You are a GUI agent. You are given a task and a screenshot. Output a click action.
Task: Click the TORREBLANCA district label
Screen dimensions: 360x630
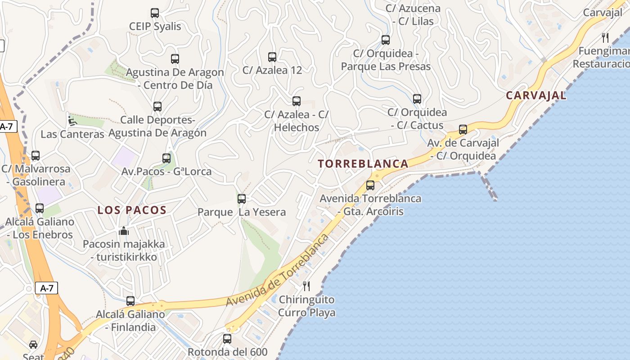coord(363,164)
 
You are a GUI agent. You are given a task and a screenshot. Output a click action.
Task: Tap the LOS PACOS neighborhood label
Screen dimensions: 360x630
coord(132,210)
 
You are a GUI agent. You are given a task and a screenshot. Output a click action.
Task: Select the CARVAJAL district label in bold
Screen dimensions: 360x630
coord(536,95)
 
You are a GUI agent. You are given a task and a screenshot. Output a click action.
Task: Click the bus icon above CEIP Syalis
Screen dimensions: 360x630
coord(155,13)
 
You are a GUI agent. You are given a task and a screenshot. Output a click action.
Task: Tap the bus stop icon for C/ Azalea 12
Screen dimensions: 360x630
coord(272,57)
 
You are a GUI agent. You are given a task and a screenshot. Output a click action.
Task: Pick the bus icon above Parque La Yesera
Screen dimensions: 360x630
coord(242,198)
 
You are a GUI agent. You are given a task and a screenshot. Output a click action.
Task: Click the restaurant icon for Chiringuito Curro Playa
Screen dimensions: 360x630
coord(306,286)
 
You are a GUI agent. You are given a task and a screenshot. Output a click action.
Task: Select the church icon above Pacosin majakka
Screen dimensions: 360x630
coord(124,231)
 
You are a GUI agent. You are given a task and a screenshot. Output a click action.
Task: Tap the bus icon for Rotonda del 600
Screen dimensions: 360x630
coord(227,338)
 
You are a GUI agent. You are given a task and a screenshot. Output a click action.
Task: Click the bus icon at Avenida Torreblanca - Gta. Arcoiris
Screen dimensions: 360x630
coord(370,185)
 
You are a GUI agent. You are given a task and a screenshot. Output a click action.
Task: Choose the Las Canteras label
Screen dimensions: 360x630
coord(72,134)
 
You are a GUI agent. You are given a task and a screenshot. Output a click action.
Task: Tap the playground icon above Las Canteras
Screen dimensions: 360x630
coord(72,121)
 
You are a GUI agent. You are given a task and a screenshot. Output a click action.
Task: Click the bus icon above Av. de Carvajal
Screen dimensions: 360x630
coord(463,130)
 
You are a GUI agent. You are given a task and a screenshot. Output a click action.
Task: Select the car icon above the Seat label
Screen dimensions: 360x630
coord(33,345)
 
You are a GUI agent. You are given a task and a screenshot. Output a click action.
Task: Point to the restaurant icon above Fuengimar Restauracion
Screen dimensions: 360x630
coord(605,38)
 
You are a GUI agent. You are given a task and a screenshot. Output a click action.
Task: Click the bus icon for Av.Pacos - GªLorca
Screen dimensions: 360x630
coord(166,158)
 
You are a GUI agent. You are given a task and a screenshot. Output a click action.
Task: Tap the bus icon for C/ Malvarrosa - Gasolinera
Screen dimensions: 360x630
coord(36,156)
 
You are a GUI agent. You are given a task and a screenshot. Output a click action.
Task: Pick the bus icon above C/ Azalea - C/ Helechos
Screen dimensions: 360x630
coord(297,101)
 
